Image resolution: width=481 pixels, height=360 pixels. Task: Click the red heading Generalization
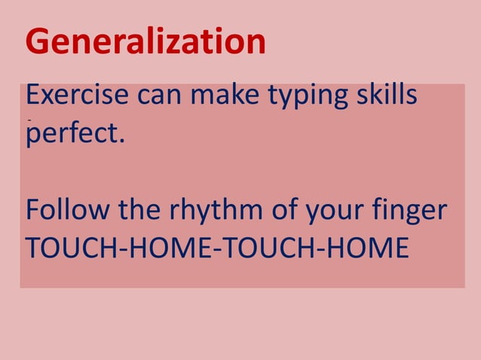pyautogui.click(x=146, y=42)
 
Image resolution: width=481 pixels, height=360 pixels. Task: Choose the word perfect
pyautogui.click(x=70, y=136)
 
